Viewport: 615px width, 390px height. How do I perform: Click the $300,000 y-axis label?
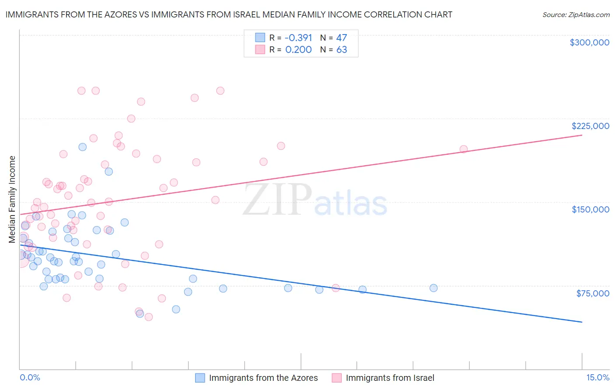(x=589, y=42)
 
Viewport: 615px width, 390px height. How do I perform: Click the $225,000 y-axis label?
(x=590, y=126)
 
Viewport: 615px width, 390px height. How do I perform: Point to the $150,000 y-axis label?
(x=590, y=209)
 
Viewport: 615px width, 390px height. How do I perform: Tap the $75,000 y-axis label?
(x=592, y=293)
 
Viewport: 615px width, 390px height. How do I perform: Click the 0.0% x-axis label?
(x=30, y=377)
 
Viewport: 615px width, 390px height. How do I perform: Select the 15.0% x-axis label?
(x=598, y=377)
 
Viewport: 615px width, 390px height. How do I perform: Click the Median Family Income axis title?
(x=12, y=199)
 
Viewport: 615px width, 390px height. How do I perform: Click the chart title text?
(x=229, y=14)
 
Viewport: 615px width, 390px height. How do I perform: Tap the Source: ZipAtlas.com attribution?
(x=576, y=14)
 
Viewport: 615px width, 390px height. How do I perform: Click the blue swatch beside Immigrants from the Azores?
(x=200, y=378)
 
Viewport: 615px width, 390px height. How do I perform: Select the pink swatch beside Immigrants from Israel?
(x=337, y=378)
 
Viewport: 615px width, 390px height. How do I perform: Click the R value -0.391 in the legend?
(x=298, y=38)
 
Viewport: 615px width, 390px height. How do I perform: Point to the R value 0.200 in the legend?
(x=298, y=49)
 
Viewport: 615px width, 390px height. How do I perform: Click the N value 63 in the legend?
(x=342, y=49)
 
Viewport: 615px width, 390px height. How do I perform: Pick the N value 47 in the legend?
(x=342, y=38)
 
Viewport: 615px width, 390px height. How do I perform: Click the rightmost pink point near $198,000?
(x=464, y=149)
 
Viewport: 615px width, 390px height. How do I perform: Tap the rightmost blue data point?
(x=433, y=288)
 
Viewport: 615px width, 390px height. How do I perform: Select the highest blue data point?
(x=82, y=147)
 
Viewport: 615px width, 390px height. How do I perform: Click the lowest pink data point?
(x=149, y=317)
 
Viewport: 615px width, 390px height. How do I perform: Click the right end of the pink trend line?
(x=582, y=136)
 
